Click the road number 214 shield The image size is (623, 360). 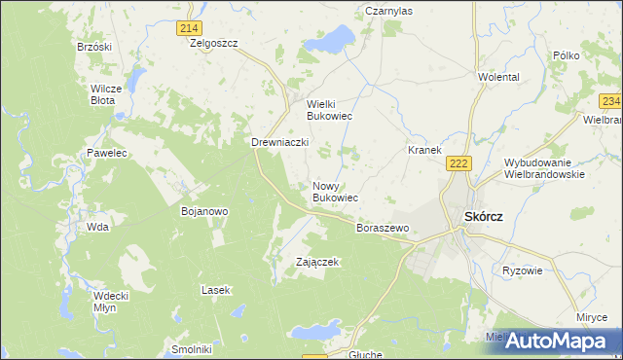[190, 29]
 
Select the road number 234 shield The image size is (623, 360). [610, 101]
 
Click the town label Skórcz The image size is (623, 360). [484, 216]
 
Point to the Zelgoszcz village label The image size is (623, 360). [214, 44]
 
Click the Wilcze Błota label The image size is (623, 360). [105, 94]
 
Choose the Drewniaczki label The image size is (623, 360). [280, 142]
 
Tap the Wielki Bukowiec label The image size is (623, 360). [329, 110]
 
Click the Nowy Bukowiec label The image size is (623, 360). [335, 192]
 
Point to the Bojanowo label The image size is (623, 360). [204, 210]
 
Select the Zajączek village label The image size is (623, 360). [317, 262]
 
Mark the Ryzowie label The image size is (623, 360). [522, 270]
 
